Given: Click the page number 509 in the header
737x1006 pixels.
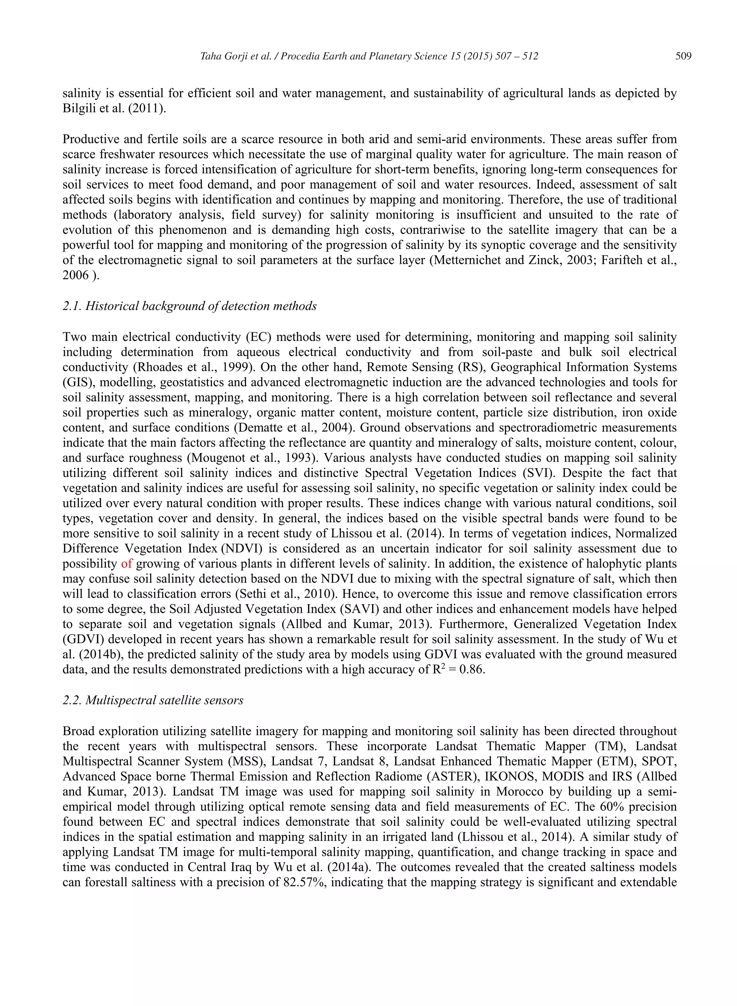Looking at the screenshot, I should click(x=683, y=56).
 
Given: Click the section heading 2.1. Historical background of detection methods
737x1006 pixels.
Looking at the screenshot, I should click(x=189, y=306).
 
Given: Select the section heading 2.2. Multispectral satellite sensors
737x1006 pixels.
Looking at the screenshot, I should click(x=153, y=700).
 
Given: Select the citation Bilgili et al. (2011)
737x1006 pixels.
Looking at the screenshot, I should click(x=114, y=108).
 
